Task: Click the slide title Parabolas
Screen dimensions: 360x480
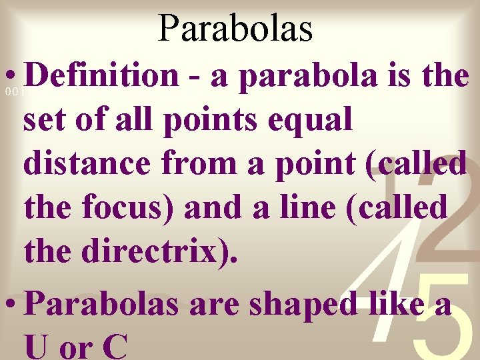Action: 235,28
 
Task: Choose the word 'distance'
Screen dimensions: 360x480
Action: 87,163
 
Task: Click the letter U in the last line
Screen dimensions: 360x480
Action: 38,347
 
